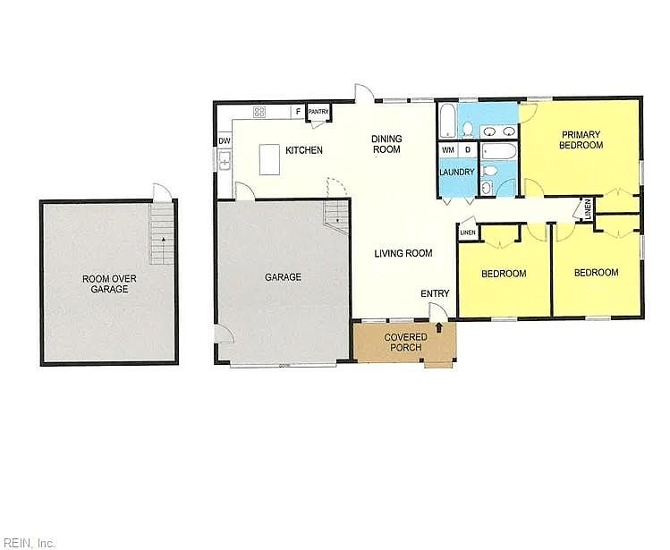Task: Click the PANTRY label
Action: point(318,112)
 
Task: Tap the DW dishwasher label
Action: point(225,141)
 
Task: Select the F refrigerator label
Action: point(298,112)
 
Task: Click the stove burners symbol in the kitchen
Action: point(259,112)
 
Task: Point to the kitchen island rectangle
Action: point(269,159)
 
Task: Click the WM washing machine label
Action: point(448,150)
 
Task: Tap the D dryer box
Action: point(468,149)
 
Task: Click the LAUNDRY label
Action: point(457,172)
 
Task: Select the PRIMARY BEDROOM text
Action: point(581,140)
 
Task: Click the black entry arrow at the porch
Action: point(439,328)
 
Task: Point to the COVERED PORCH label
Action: point(405,343)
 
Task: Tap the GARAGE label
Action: point(283,277)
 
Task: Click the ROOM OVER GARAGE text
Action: point(109,283)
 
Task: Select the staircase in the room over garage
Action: point(162,233)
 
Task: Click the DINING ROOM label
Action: point(386,144)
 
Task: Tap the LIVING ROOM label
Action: point(403,253)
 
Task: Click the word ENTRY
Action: point(435,293)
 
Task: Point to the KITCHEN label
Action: point(304,150)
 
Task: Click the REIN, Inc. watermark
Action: point(28,543)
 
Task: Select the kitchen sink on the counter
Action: point(225,161)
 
